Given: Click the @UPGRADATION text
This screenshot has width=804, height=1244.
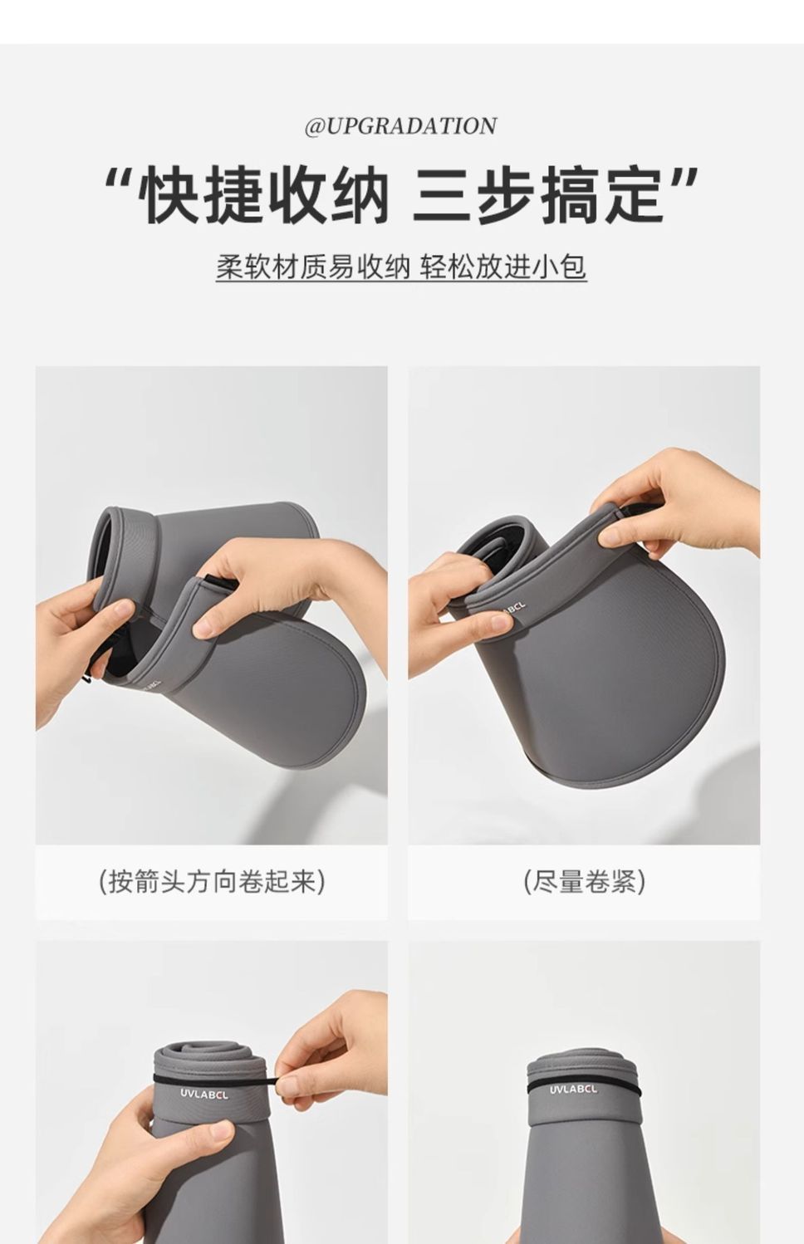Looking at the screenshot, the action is point(400,126).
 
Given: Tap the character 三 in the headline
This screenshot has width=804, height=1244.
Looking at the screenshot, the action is point(442,195).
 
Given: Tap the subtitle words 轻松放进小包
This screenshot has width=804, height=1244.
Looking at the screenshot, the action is point(503,267).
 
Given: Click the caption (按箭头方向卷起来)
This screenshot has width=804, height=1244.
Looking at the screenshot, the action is point(211,881).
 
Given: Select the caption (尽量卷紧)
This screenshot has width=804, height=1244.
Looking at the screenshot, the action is point(584,881).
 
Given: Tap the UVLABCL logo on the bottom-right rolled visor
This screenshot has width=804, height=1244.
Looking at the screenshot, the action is point(574,1089).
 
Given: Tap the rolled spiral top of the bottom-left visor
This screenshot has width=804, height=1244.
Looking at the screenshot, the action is point(209,1056).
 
